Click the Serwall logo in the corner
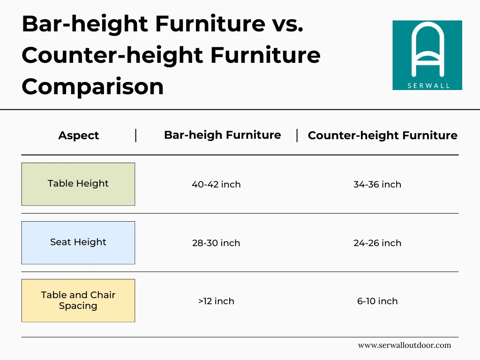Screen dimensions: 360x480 click(427, 55)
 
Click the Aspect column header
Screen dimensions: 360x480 click(78, 135)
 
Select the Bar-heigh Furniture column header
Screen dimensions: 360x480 click(222, 135)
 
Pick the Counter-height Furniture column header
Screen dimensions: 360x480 click(382, 135)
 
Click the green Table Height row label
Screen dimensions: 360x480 click(78, 184)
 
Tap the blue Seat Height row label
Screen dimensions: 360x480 click(78, 242)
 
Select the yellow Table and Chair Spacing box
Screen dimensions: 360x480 click(78, 300)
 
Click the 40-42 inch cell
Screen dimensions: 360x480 click(216, 184)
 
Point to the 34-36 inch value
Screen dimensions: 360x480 click(377, 184)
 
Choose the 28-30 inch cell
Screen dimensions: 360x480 click(216, 243)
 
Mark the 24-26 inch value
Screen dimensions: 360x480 click(377, 243)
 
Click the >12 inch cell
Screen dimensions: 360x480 click(216, 301)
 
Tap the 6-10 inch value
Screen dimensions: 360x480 click(377, 301)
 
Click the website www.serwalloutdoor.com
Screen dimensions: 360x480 click(404, 345)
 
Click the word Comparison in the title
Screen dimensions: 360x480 click(92, 87)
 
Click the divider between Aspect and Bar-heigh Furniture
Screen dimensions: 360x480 click(136, 135)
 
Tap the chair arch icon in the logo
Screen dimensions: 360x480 click(427, 49)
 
